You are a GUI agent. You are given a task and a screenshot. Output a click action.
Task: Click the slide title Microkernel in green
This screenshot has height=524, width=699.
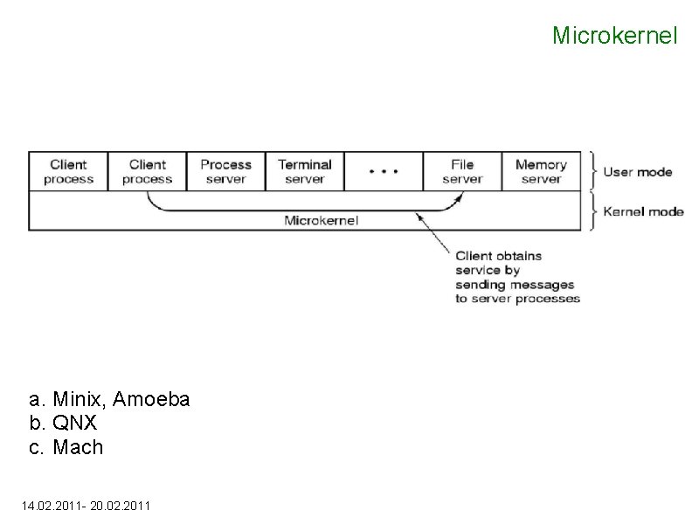click(614, 36)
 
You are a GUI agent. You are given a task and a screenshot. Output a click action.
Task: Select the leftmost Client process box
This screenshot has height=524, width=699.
click(68, 171)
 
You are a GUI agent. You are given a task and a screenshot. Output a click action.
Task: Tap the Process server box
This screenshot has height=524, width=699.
click(225, 171)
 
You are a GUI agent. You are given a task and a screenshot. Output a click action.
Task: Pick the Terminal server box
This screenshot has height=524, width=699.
click(304, 171)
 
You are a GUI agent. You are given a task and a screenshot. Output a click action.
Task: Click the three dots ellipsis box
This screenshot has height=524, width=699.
click(384, 171)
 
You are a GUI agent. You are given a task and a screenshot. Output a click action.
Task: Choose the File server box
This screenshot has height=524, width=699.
click(462, 171)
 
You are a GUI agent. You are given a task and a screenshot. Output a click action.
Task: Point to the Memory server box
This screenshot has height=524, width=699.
click(541, 171)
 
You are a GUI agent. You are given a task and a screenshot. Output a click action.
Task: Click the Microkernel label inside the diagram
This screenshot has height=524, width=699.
click(322, 220)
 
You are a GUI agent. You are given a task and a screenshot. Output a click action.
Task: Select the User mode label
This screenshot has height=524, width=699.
click(638, 171)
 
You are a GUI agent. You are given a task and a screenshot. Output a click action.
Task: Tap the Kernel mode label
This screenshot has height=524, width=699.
click(643, 211)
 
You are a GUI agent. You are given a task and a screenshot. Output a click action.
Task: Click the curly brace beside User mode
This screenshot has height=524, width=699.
click(593, 171)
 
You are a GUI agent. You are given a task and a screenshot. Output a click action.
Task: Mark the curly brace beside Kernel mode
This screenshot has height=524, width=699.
click(593, 211)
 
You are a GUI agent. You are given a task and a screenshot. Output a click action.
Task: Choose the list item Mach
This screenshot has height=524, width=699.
click(78, 447)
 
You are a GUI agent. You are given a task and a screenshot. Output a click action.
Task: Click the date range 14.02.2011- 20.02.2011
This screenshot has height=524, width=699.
click(85, 505)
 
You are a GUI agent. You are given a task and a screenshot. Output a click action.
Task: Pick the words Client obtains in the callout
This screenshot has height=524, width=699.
click(498, 256)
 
